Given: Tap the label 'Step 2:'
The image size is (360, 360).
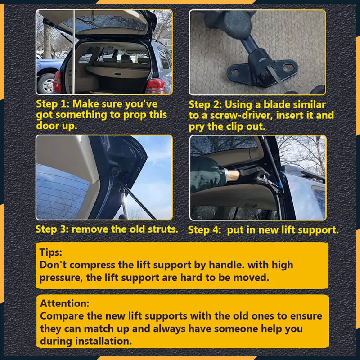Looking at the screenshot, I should pos(205,105).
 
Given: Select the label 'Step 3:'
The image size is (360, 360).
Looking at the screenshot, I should pos(52,229).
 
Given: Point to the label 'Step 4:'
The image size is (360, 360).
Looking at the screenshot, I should pos(205,230).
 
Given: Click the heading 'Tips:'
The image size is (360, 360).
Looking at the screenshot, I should pos(50,252).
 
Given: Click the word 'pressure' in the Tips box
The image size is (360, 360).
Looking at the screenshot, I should pos(58,278).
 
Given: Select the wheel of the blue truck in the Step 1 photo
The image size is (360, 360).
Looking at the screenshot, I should pos(47,83).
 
